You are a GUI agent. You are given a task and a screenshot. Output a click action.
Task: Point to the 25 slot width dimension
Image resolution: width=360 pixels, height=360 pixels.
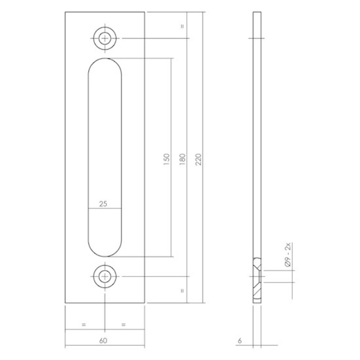103,204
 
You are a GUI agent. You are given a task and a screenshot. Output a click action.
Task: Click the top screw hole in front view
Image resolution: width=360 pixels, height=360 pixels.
105,38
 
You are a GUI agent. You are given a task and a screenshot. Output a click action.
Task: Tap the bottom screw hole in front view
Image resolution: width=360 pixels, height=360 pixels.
105,276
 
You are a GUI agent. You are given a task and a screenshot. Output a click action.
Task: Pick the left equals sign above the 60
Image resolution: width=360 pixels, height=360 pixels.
84,324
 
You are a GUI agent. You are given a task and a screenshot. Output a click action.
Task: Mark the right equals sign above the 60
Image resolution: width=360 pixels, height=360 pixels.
123,324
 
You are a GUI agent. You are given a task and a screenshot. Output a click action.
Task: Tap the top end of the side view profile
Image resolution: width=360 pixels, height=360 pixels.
257,13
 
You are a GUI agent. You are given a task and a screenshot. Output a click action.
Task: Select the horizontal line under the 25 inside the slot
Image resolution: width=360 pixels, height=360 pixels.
105,208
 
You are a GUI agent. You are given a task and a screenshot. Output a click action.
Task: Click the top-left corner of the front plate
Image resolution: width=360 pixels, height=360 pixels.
66,12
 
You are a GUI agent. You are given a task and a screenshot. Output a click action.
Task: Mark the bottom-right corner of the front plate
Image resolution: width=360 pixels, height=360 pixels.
144,303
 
